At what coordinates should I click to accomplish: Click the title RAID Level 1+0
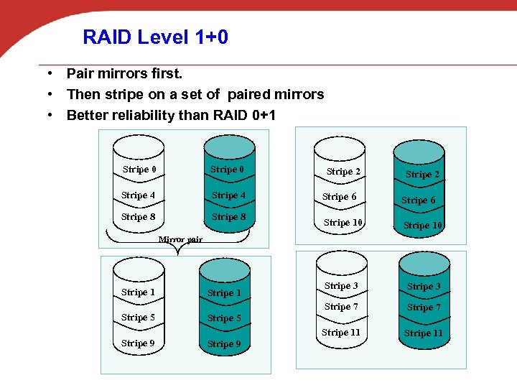pos(155,37)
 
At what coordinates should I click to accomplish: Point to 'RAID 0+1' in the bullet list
pos(245,115)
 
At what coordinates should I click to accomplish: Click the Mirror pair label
pos(180,239)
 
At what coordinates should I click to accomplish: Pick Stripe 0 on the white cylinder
pos(139,170)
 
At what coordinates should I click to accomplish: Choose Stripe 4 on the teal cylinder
pos(228,195)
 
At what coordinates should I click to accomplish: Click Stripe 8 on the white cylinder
pos(138,217)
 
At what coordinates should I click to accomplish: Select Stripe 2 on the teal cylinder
pos(422,175)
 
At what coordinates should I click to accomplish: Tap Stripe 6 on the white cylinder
pos(339,197)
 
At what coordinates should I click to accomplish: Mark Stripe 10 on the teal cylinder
pos(422,226)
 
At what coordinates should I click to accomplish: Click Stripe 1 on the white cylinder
pos(138,292)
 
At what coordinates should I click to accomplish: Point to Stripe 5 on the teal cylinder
pos(224,318)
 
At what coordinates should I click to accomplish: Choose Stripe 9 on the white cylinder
pos(138,343)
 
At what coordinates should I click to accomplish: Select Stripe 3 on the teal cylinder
pos(424,287)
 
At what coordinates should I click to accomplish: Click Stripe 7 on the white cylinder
pos(340,307)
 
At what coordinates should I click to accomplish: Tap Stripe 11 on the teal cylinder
pos(423,333)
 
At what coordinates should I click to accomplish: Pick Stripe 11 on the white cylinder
pos(340,333)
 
